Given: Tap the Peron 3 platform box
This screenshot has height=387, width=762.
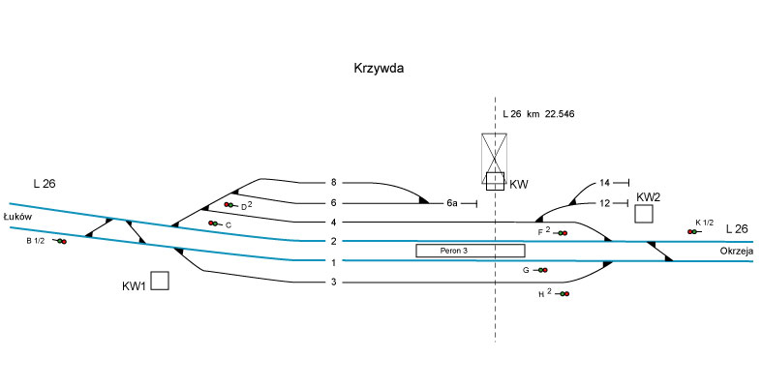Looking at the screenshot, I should (456, 251).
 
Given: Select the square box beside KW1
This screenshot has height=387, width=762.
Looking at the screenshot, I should (160, 281).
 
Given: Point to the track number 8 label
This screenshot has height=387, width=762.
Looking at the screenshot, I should (332, 182).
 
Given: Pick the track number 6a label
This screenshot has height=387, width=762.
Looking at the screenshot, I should (451, 203).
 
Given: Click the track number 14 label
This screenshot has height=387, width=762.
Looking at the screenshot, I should (604, 183).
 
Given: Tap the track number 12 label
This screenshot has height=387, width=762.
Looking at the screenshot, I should (604, 203).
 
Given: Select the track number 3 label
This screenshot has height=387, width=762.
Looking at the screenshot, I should (332, 283).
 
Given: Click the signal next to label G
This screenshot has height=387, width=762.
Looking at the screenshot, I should (541, 271).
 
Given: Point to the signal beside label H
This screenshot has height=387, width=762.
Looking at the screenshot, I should (563, 293).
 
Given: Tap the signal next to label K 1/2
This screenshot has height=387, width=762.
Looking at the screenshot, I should (693, 232).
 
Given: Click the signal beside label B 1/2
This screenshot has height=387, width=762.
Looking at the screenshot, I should (60, 241).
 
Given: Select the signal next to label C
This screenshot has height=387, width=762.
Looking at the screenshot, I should (213, 223).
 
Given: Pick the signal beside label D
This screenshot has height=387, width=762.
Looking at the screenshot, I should (229, 205).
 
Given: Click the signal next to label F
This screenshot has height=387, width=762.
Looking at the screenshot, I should (561, 233).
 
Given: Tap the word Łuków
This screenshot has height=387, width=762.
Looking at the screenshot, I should (18, 217).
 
